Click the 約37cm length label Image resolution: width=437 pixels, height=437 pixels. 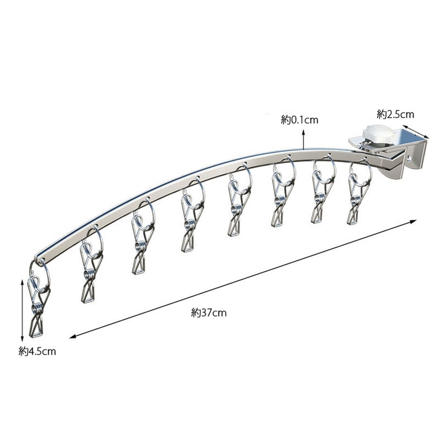click(208, 313)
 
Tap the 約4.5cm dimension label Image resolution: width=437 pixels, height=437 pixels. click(37, 351)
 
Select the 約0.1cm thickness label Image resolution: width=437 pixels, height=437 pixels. click(299, 120)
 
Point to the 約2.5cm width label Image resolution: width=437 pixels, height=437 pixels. click(396, 114)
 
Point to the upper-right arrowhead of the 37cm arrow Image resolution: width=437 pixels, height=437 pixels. click(413, 221)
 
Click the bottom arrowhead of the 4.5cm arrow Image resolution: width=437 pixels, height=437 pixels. click(22, 338)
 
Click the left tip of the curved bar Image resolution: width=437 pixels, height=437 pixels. click(35, 257)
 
